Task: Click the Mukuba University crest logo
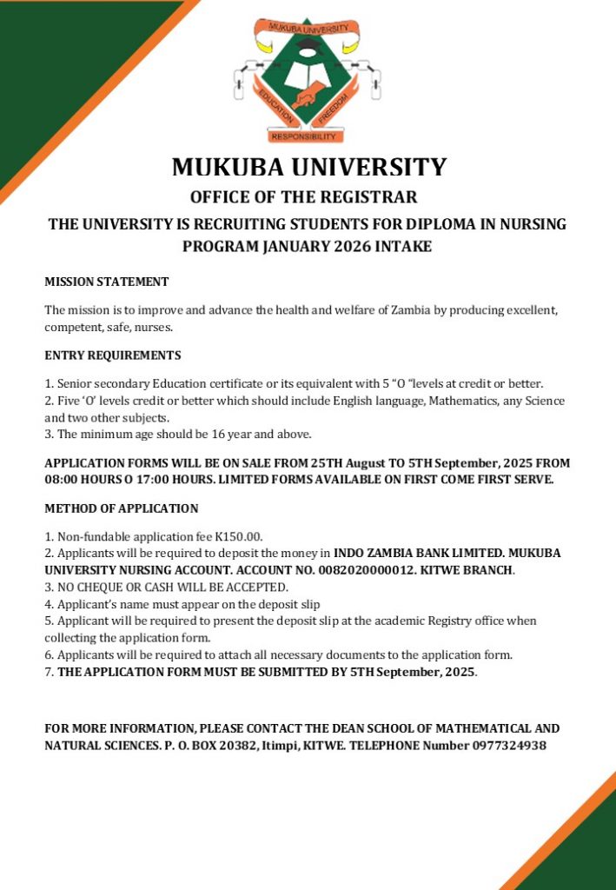308,80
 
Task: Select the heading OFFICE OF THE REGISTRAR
304,196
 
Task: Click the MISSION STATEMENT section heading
106,282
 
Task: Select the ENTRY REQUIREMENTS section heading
112,355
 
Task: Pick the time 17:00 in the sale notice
160,480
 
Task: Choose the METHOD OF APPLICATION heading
121,508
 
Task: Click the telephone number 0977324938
506,746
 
